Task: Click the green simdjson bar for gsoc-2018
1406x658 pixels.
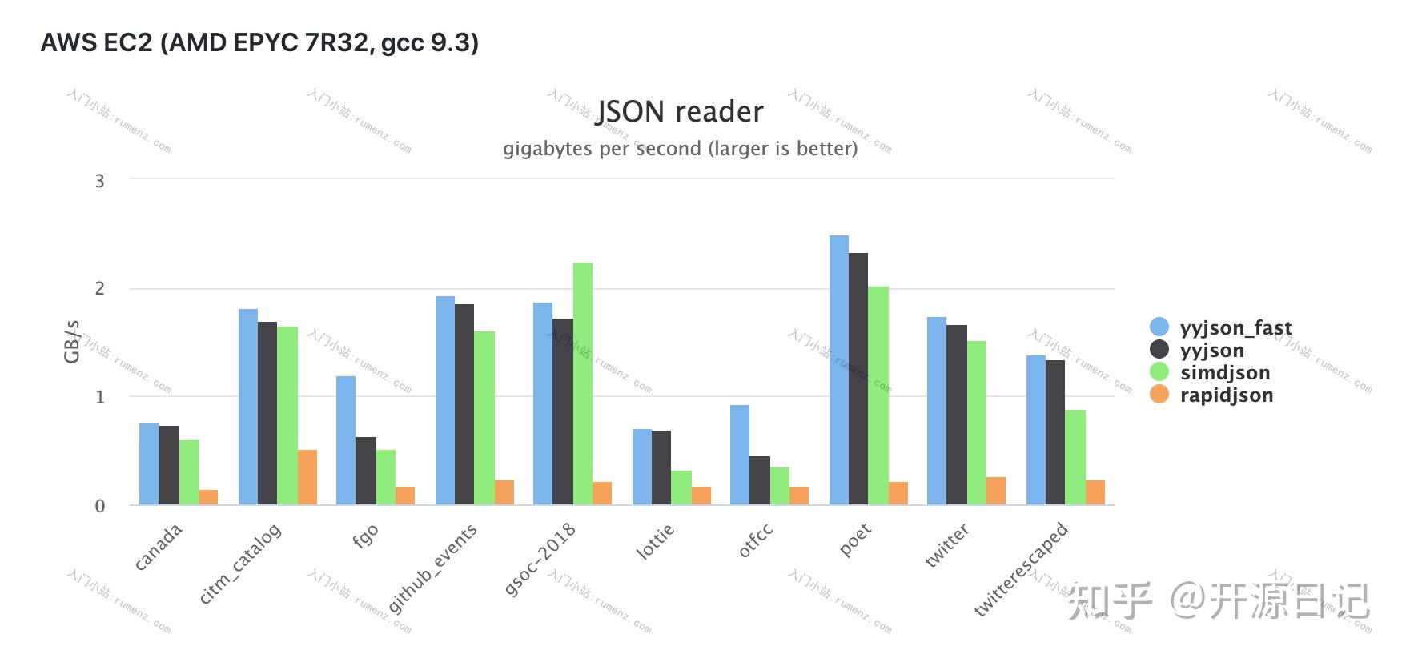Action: click(583, 383)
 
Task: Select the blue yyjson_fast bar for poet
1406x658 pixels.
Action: click(839, 370)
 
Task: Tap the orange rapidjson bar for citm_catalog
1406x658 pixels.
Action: click(307, 477)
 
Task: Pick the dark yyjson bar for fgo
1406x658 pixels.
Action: click(365, 471)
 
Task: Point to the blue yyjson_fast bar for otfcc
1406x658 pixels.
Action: click(740, 455)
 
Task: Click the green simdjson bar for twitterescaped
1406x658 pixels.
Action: click(1075, 457)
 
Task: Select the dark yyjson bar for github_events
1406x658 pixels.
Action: click(464, 404)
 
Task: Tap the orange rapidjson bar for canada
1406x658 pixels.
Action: click(208, 497)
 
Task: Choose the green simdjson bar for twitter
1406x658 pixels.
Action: click(977, 423)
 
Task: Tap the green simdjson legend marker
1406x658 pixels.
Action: click(1159, 372)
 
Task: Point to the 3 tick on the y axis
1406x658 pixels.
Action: click(100, 181)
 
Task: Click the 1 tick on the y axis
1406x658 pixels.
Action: click(100, 397)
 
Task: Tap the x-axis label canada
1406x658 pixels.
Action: click(159, 547)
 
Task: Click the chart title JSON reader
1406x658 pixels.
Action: click(680, 112)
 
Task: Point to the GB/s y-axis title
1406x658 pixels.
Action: click(72, 342)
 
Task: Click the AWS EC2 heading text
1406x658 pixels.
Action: click(259, 42)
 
